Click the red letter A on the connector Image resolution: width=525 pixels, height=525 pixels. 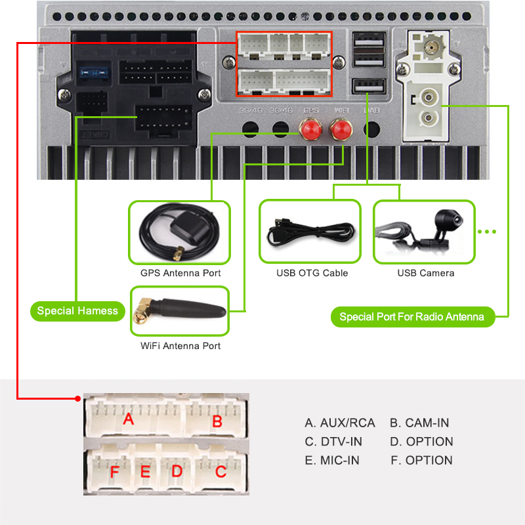pyautogui.click(x=129, y=418)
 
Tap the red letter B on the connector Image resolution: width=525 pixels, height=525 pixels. pyautogui.click(x=217, y=421)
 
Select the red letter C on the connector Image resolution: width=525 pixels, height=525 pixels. pyautogui.click(x=221, y=471)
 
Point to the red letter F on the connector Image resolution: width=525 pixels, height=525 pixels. pyautogui.click(x=115, y=472)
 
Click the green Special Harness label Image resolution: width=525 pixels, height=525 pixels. pyautogui.click(x=77, y=311)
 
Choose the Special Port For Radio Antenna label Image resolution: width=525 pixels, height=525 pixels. pyautogui.click(x=411, y=317)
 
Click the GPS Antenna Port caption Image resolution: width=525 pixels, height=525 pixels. pyautogui.click(x=180, y=273)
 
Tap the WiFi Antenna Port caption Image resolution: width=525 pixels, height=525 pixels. pyautogui.click(x=180, y=346)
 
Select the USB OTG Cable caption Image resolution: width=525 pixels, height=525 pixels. pyautogui.click(x=312, y=273)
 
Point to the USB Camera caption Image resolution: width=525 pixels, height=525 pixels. pyautogui.click(x=426, y=273)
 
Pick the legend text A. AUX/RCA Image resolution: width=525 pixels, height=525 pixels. pyautogui.click(x=340, y=423)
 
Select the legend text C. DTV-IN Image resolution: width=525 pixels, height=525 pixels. pyautogui.click(x=333, y=442)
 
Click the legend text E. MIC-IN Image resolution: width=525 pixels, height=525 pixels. pyautogui.click(x=332, y=461)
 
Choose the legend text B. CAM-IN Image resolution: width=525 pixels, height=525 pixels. pyautogui.click(x=419, y=423)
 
